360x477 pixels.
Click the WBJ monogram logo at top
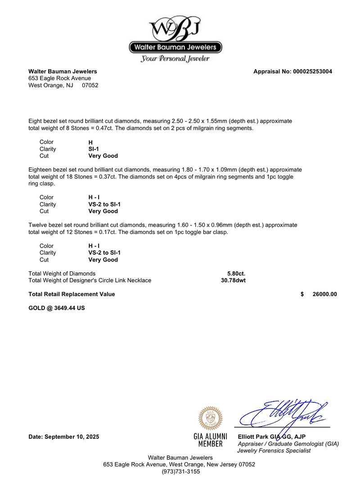[175, 28]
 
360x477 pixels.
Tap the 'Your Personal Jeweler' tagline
[175, 58]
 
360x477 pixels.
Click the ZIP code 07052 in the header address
[90, 85]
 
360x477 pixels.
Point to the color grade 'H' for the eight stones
[90, 142]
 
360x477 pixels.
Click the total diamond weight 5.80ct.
[236, 273]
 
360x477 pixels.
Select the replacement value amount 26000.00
[324, 294]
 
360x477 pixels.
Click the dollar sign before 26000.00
[302, 294]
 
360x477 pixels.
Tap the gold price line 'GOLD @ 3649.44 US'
[56, 308]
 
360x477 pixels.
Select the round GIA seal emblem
[210, 418]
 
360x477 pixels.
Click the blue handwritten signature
[283, 413]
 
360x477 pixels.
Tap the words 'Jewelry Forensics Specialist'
[274, 450]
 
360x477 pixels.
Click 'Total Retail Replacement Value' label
[72, 294]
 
